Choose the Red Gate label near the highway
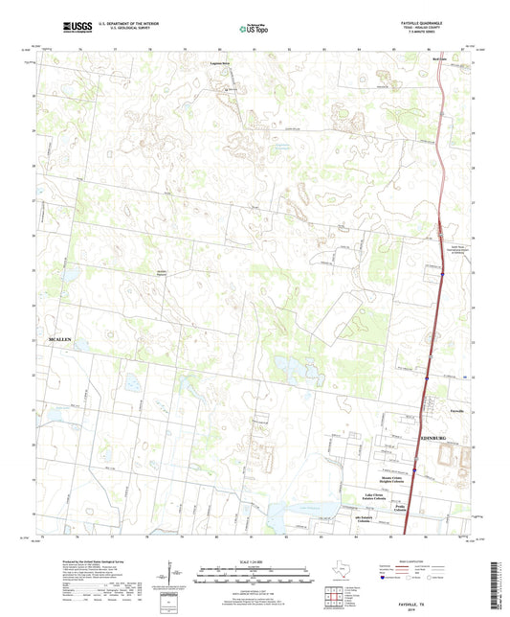(414, 57)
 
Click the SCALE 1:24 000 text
(254, 562)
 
